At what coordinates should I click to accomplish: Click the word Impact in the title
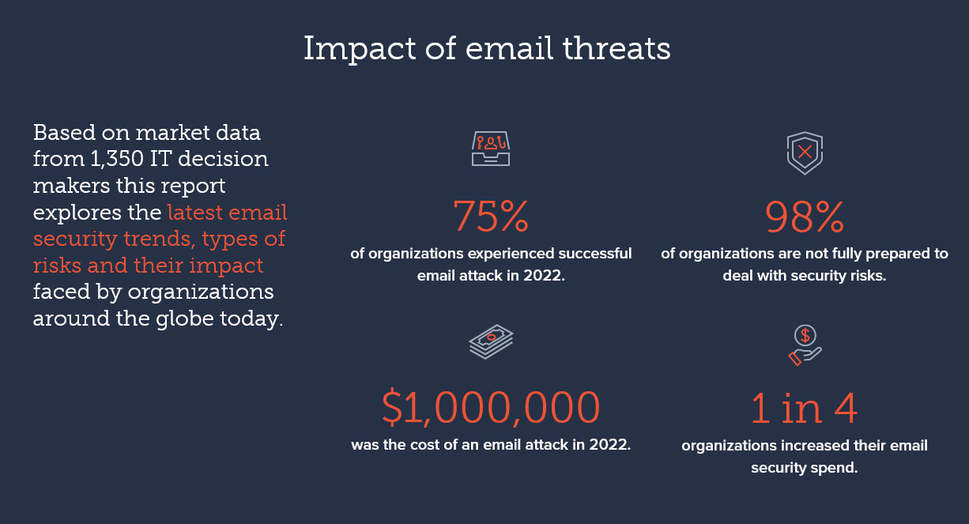pyautogui.click(x=360, y=49)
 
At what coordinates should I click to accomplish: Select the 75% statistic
pyautogui.click(x=491, y=216)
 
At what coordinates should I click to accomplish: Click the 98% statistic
pyautogui.click(x=804, y=217)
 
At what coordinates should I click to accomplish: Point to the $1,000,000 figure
pyautogui.click(x=491, y=407)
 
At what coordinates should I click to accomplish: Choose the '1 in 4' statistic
pyautogui.click(x=804, y=408)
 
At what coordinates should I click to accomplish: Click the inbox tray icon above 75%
pyautogui.click(x=491, y=149)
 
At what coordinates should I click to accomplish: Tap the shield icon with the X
pyautogui.click(x=805, y=153)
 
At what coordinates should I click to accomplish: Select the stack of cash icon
pyautogui.click(x=491, y=341)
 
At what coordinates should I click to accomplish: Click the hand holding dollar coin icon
pyautogui.click(x=805, y=345)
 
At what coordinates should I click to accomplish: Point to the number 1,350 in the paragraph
pyautogui.click(x=117, y=159)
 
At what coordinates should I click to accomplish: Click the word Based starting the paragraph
pyautogui.click(x=64, y=133)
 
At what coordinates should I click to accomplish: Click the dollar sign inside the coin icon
pyautogui.click(x=805, y=335)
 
